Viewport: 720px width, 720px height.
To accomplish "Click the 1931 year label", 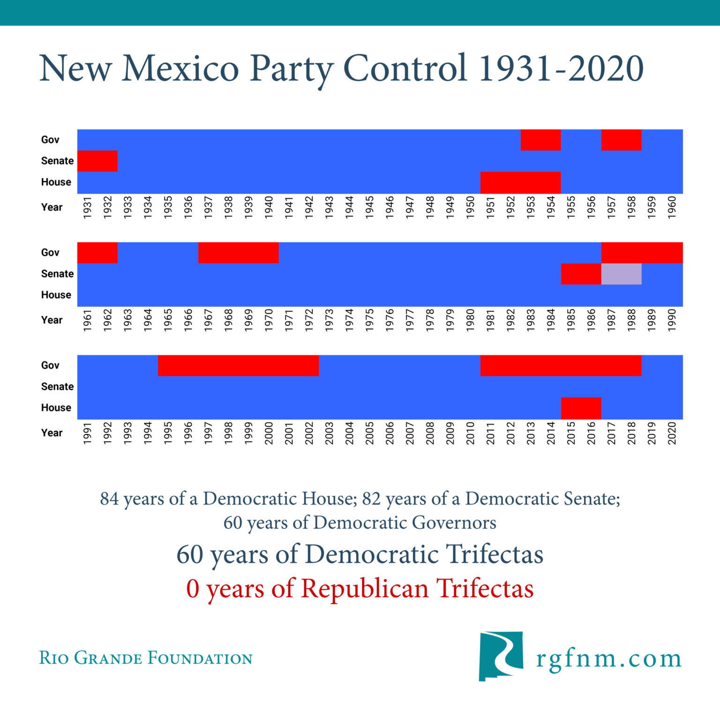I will (87, 207).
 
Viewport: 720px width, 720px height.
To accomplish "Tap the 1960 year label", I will (672, 207).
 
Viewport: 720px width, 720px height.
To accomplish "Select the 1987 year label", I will (611, 320).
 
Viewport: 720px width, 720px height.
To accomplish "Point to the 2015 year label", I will (571, 433).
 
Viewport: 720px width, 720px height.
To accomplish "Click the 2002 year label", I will (309, 433).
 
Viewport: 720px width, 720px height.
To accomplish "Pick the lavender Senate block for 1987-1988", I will (621, 274).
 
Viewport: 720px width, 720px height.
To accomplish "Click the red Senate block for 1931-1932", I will (97, 161).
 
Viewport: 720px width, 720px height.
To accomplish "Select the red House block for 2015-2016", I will (581, 408).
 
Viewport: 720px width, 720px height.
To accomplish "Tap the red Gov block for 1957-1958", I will (621, 140).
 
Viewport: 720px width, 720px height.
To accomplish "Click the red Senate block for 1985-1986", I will (581, 274).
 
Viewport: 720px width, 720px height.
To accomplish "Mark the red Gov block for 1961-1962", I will (97, 253).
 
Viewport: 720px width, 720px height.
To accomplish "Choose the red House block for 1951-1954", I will (520, 182).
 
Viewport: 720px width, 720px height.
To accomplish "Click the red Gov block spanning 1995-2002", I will (238, 365).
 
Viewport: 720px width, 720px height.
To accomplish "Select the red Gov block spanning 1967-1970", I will (238, 253).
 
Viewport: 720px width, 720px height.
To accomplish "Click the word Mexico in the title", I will (180, 69).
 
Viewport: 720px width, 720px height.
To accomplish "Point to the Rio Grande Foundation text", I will (146, 658).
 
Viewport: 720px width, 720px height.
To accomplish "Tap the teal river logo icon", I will (501, 655).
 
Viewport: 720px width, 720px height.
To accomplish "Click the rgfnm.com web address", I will (609, 659).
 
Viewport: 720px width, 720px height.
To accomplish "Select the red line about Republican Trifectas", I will (360, 588).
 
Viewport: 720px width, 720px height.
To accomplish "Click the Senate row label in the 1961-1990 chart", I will (57, 274).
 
